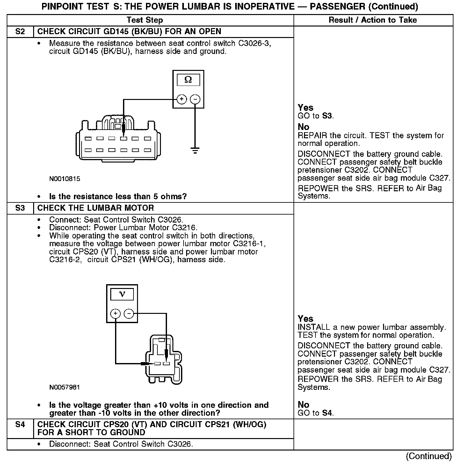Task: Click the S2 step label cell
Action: tap(20, 32)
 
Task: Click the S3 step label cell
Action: tap(20, 208)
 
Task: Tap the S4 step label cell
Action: tap(20, 425)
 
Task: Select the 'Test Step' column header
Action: tap(145, 20)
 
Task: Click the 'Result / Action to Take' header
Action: tap(373, 20)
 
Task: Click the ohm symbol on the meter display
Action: tap(188, 80)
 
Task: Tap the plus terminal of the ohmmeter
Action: tap(182, 99)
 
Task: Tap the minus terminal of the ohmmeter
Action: tap(195, 99)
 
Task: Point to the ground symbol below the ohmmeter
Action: tap(195, 150)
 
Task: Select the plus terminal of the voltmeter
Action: tap(115, 314)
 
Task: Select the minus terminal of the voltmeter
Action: tap(129, 314)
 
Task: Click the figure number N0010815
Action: tap(65, 179)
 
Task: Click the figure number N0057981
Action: tap(65, 387)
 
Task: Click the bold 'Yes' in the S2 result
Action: tap(305, 108)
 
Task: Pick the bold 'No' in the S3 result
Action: tap(303, 405)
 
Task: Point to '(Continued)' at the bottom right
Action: tap(429, 456)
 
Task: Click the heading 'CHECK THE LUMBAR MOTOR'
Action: tap(96, 208)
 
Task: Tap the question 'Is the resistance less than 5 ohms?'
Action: tap(118, 196)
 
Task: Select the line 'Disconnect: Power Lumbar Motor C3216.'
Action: tap(123, 228)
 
